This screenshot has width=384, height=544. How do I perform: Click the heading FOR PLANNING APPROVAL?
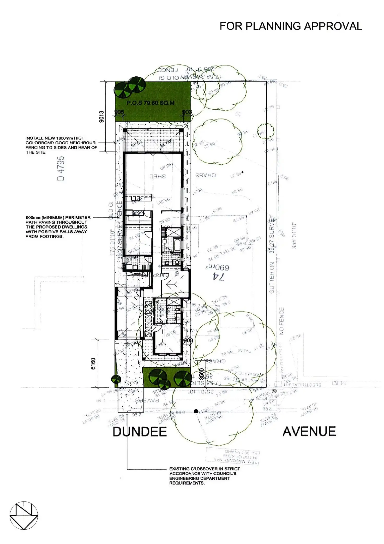pyautogui.click(x=291, y=26)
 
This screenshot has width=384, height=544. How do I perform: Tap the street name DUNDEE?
pyautogui.click(x=140, y=432)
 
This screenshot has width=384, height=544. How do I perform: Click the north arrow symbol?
pyautogui.click(x=24, y=515)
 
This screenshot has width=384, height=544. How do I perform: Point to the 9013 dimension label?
pyautogui.click(x=102, y=116)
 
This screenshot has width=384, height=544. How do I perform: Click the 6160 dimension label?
pyautogui.click(x=93, y=363)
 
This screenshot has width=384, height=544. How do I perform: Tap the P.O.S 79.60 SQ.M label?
pyautogui.click(x=151, y=103)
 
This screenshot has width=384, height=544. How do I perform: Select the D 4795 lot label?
pyautogui.click(x=61, y=168)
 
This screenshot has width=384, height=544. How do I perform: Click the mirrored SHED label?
pyautogui.click(x=157, y=176)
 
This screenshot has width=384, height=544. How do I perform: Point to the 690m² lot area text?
pyautogui.click(x=218, y=268)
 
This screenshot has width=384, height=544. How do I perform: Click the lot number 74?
pyautogui.click(x=218, y=277)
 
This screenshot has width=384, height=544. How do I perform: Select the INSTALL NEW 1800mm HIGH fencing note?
pyautogui.click(x=61, y=145)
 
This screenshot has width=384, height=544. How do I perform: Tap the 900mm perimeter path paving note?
pyautogui.click(x=58, y=227)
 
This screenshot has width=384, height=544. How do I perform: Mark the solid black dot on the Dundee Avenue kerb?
pyautogui.click(x=196, y=411)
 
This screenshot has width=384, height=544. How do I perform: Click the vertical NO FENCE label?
pyautogui.click(x=281, y=321)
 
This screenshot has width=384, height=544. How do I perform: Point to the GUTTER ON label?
pyautogui.click(x=272, y=278)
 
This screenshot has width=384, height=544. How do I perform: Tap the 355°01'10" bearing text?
pyautogui.click(x=294, y=236)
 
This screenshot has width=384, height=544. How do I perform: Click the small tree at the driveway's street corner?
pyautogui.click(x=116, y=379)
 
